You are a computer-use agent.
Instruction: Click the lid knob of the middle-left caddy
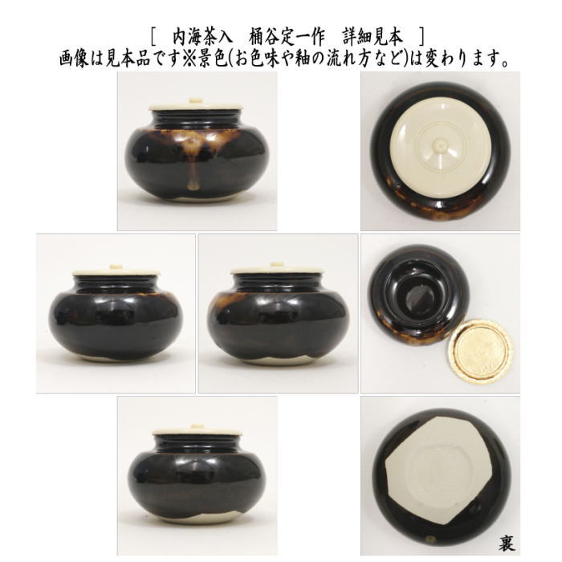(x=116, y=268)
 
